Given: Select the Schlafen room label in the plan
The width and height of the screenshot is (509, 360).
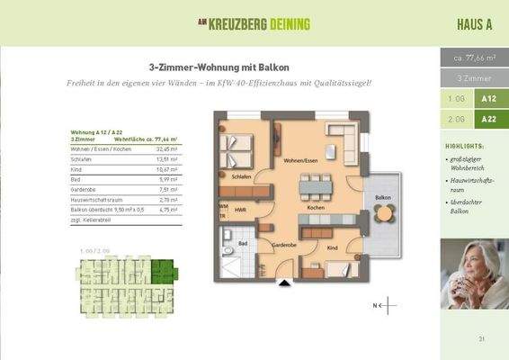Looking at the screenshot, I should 240,177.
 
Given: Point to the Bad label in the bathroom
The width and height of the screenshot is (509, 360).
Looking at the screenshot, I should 242,243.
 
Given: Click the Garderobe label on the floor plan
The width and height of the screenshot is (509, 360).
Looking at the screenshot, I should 285,244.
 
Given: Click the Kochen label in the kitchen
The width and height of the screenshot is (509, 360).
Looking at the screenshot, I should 315,207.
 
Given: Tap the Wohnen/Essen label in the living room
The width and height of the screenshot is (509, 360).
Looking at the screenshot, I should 300,160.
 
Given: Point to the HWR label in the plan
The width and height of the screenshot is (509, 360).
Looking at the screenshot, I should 242,211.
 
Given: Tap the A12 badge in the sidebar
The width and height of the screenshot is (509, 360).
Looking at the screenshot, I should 488,99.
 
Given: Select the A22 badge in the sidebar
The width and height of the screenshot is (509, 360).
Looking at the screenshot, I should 488,119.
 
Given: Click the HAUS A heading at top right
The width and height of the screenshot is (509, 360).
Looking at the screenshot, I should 473,24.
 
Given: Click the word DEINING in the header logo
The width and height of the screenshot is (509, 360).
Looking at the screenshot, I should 282,24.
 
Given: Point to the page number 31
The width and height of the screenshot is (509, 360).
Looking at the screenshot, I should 482,338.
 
